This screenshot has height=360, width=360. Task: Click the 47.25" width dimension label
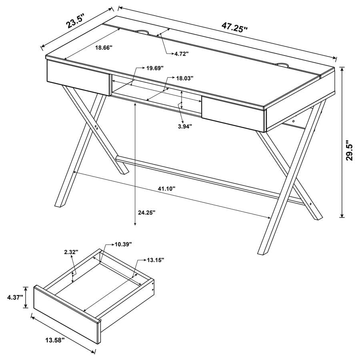coord(235,28)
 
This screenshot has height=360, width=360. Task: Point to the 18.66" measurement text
coord(104,47)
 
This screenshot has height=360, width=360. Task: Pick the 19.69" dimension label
coord(154,68)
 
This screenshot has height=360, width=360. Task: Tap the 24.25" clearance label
coord(147,213)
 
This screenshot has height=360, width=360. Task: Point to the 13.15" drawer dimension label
coord(156,260)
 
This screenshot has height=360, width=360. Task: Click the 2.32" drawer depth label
coord(71,252)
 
